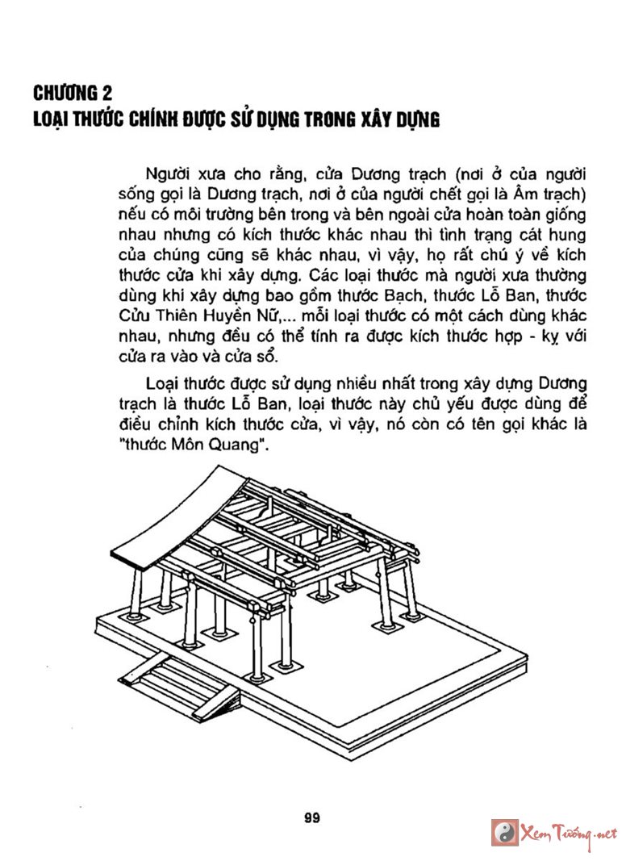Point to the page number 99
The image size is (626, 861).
pyautogui.click(x=313, y=817)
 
